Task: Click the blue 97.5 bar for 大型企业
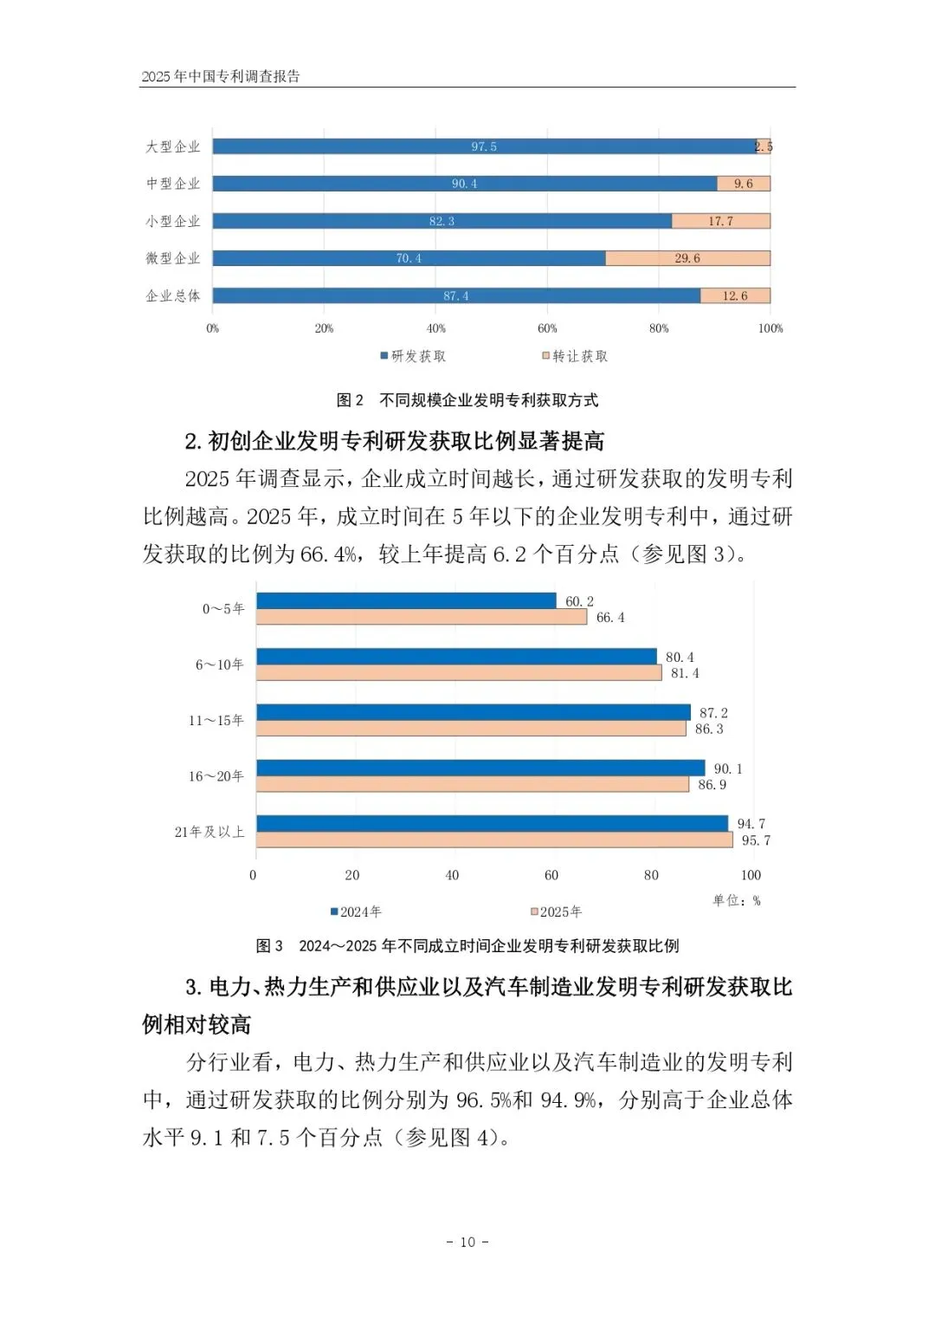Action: tap(483, 146)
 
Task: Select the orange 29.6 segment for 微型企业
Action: tap(687, 258)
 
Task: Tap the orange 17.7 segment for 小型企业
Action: tap(720, 221)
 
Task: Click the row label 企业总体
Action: tap(173, 296)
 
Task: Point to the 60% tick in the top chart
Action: tap(547, 328)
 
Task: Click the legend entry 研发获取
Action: tap(413, 356)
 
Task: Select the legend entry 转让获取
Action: tap(575, 356)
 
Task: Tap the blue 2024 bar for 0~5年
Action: tap(405, 600)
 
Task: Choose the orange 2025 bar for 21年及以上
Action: tap(493, 840)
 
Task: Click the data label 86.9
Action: tap(713, 785)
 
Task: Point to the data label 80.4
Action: tap(680, 658)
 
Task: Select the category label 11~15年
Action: tap(216, 721)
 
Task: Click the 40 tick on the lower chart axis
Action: tap(452, 875)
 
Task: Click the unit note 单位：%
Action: tap(736, 901)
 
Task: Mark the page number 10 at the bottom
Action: tap(467, 1242)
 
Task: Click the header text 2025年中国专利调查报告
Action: tap(221, 76)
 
